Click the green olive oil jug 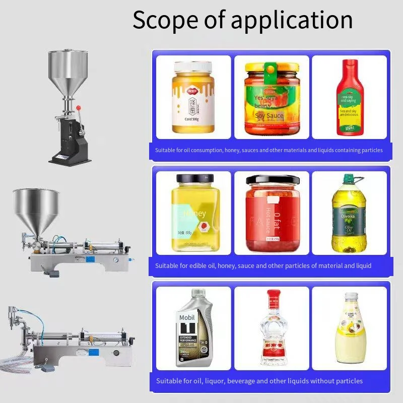pyautogui.click(x=347, y=214)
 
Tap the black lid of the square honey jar pyautogui.click(x=194, y=178)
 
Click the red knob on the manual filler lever pyautogui.click(x=79, y=107)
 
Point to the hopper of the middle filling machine pyautogui.click(x=36, y=207)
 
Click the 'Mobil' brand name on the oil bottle pyautogui.click(x=187, y=318)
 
